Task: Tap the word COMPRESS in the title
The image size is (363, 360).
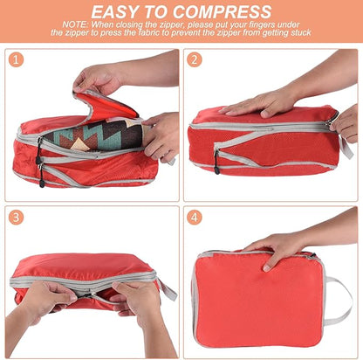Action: coord(222,12)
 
